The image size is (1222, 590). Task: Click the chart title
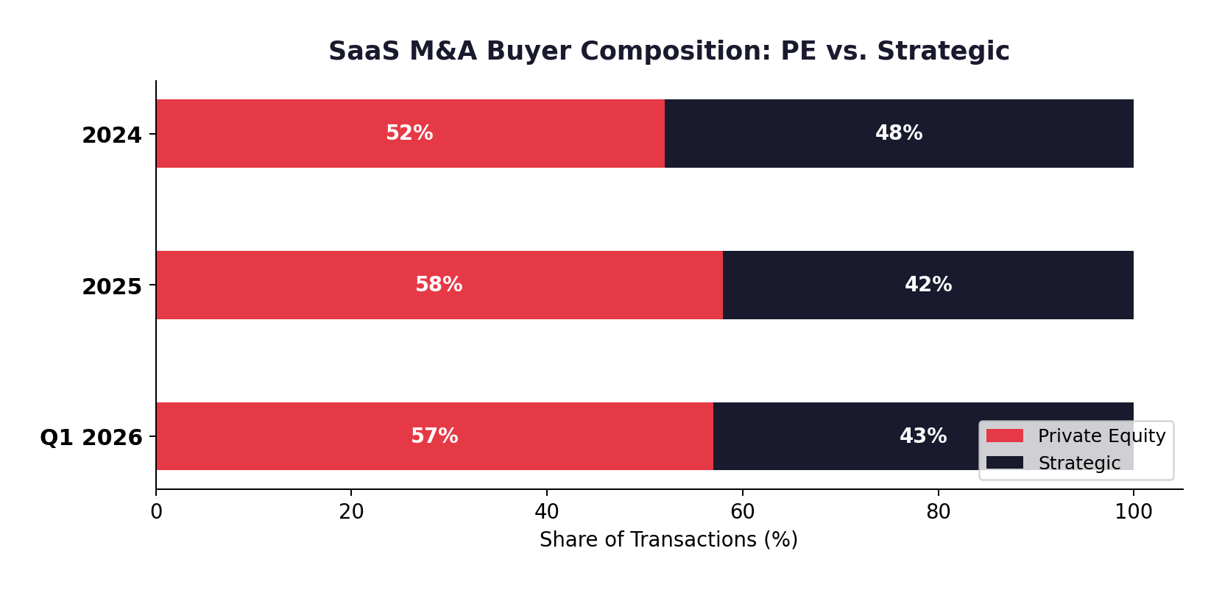[668, 51]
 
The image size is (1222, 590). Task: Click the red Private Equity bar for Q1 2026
[294, 452]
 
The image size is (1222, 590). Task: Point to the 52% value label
[409, 133]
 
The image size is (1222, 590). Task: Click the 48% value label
[898, 133]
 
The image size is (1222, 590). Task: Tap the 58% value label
[439, 285]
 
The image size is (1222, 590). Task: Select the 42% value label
[928, 285]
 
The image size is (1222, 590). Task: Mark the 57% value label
[434, 436]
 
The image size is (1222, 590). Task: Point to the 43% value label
[922, 436]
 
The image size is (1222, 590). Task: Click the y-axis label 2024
[112, 135]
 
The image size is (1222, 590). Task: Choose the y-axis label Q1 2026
[91, 438]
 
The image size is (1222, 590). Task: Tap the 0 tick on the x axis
[156, 512]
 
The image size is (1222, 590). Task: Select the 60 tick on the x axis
[742, 512]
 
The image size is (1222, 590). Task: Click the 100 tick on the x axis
[1133, 512]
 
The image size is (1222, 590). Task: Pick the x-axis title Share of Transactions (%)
[668, 540]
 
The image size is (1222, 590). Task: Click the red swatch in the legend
[1004, 436]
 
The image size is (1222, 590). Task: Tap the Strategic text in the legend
[1078, 463]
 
